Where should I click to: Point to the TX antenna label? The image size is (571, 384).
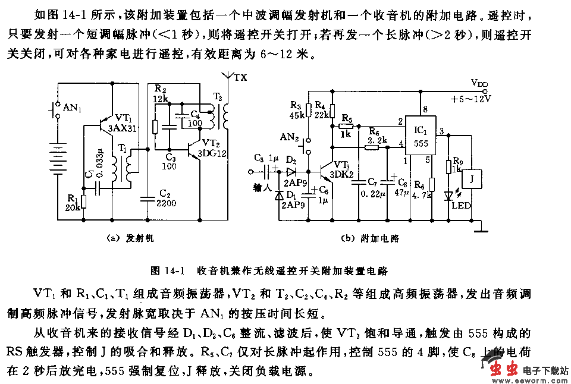pos(241,78)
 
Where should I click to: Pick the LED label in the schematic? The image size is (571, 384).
pos(460,206)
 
